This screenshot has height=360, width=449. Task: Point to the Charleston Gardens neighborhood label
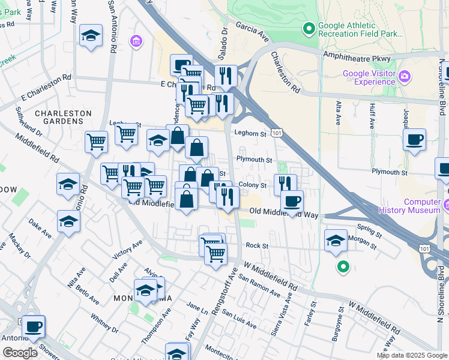[63, 117]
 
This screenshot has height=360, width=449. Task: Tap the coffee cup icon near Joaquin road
[414, 141]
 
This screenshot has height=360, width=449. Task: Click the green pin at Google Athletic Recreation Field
[309, 28]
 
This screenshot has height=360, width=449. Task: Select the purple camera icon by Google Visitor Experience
[404, 76]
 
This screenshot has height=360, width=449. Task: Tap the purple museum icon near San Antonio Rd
[136, 41]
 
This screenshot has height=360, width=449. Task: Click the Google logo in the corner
[20, 353]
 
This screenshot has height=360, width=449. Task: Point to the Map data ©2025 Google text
[412, 355]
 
